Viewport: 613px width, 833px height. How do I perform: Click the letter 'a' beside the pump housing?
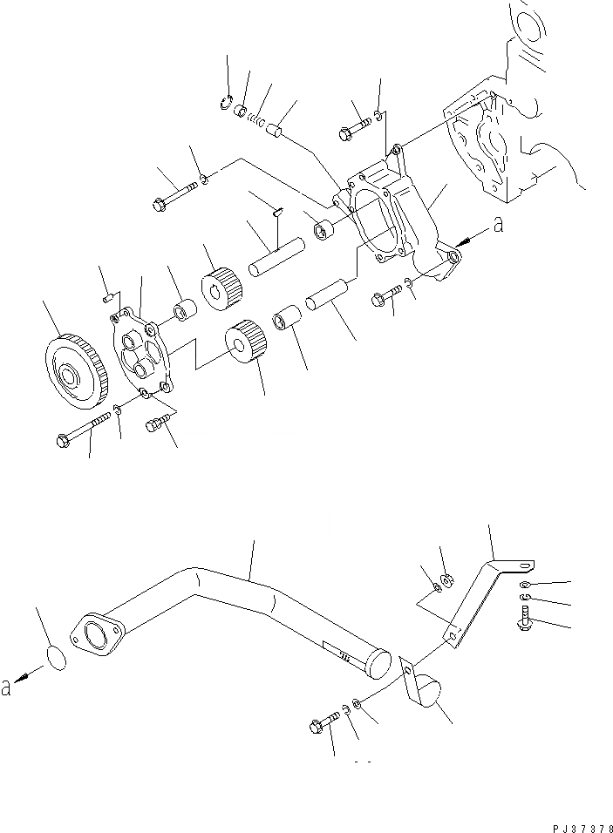click(x=498, y=226)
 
